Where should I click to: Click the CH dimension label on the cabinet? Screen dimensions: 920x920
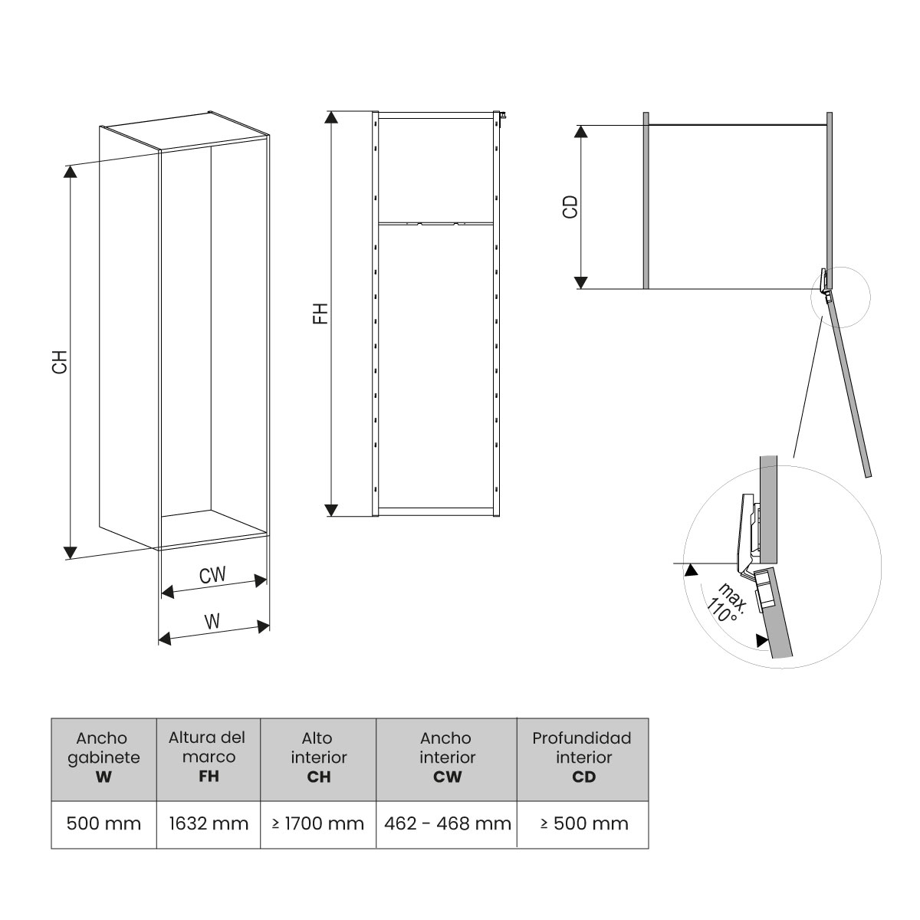pos(60,362)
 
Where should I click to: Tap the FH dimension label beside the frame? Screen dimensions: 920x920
pos(320,314)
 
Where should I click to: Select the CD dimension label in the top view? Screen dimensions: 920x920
pos(570,207)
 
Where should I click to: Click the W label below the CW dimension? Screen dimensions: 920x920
pos(212,622)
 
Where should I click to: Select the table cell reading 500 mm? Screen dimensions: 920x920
pos(103,824)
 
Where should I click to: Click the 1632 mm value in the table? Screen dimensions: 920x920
pos(209,824)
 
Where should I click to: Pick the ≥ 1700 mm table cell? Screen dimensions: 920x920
pos(317,824)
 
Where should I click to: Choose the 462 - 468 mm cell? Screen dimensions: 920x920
pos(447,824)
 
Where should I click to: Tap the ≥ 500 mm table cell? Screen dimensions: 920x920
pos(583,824)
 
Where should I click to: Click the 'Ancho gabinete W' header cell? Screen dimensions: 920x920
pos(103,757)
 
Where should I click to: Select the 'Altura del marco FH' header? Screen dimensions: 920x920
pos(209,757)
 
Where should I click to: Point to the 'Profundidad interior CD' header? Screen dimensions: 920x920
pos(583,757)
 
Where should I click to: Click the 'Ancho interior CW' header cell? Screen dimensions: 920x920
pos(447,757)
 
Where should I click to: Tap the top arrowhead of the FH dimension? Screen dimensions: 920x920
pos(331,117)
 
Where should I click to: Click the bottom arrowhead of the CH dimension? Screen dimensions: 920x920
pos(70,551)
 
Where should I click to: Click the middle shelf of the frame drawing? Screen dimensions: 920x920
pos(435,223)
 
